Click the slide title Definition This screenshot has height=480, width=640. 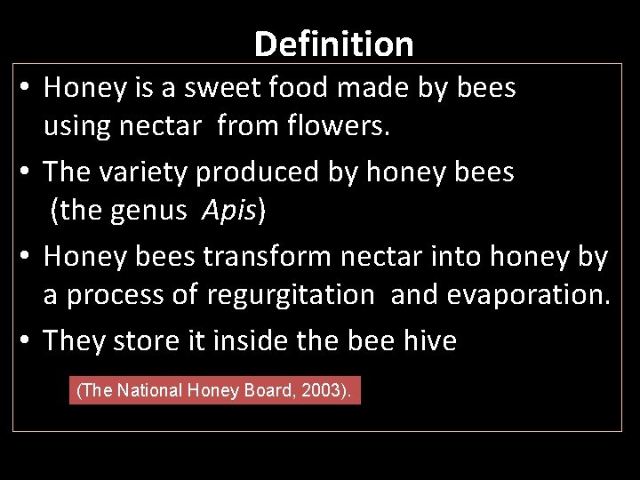[333, 44]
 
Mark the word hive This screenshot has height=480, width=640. [429, 341]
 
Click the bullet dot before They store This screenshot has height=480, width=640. [28, 341]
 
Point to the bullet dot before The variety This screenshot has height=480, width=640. [28, 172]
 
